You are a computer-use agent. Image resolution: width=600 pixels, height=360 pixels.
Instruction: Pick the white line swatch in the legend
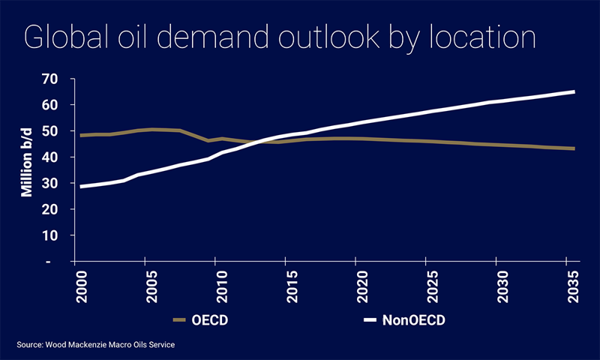370,320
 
